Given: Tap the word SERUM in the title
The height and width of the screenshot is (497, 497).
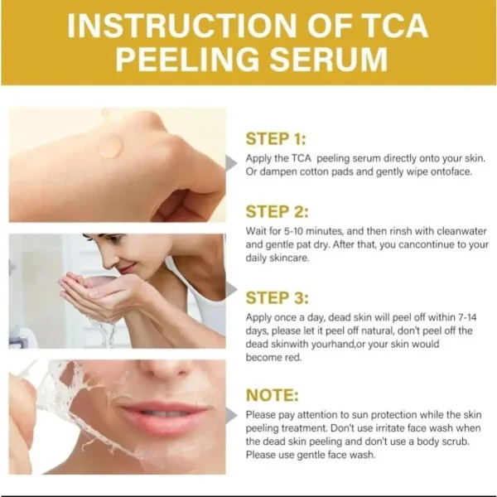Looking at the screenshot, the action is coord(328,60).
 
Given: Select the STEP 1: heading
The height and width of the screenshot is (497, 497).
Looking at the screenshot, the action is coord(276,139).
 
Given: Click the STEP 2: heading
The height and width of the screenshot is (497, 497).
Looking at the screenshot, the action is coord(277,211).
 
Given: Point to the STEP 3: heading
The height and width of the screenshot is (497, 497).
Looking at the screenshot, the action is coord(277,298).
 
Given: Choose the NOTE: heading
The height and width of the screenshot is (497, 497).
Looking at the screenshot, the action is coord(273,395).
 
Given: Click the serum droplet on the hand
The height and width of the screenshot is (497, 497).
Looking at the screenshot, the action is coord(109,147).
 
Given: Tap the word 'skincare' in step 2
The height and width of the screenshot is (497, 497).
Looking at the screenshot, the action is coord(289,258).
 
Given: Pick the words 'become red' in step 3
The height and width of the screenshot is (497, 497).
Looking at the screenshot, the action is coord(273,358).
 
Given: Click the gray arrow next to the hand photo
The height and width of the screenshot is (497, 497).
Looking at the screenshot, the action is coord(231,163).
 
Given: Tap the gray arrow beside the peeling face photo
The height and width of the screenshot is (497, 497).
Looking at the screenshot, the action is coord(231,415).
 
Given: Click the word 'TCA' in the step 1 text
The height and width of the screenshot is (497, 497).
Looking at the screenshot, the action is coord(301,158).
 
